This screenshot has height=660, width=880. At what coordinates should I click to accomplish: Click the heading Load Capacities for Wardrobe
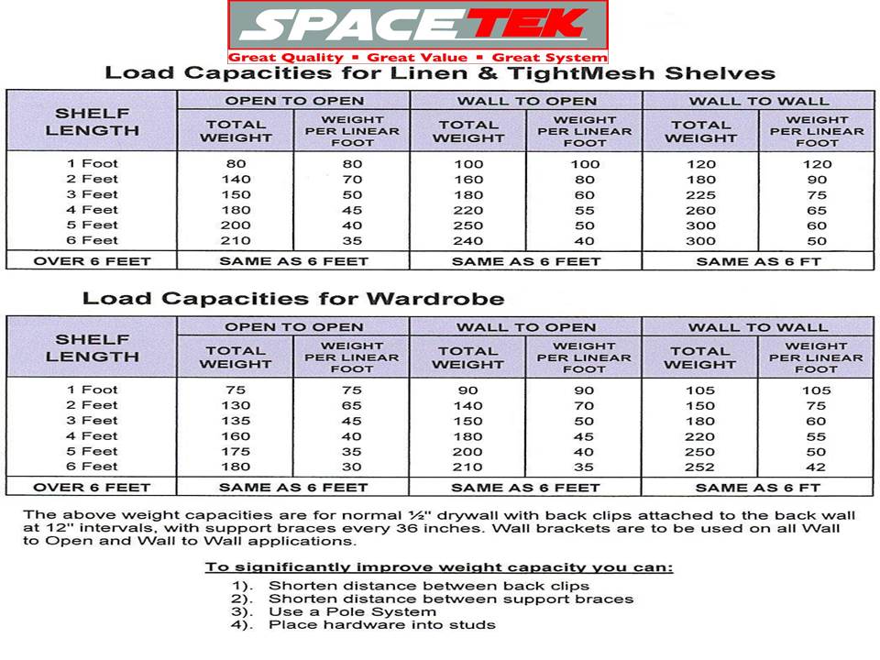pos(293,299)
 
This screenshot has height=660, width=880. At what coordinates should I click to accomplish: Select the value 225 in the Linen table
pos(700,194)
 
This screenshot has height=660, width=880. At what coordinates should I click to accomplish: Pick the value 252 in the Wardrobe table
pos(700,467)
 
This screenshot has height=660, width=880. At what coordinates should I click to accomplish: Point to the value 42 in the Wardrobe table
pos(817,467)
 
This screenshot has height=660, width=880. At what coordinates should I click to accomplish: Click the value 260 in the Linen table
pos(700,210)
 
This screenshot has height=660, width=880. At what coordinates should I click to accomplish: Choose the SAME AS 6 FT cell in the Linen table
pos(758,261)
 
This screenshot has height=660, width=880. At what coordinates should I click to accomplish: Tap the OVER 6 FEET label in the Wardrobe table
pos(92,488)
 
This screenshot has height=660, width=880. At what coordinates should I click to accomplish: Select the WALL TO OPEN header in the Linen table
pos(526,101)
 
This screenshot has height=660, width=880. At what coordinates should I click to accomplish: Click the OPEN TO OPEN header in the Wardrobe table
pos(294,327)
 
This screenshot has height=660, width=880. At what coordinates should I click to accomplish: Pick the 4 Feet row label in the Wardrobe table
pos(93,436)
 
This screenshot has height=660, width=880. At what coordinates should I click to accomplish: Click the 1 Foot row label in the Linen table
pos(93,164)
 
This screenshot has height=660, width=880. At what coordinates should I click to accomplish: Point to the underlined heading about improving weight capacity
pos(438,567)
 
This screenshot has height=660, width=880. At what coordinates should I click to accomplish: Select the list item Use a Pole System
pos(352,611)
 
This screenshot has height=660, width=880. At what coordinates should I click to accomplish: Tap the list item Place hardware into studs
pos(381,625)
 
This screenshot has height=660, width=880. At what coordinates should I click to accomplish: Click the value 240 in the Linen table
pos(467,241)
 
